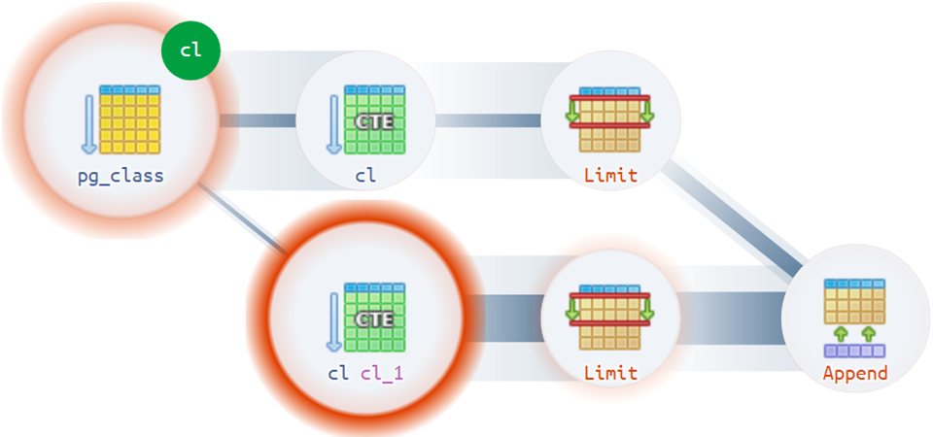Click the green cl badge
[x=191, y=50]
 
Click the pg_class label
[x=121, y=177]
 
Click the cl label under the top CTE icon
[x=365, y=177]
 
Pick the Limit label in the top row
[x=610, y=177]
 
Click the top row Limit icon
[x=610, y=120]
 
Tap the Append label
[x=854, y=373]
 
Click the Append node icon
[x=854, y=316]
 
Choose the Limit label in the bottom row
[x=610, y=373]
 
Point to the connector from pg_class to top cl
[x=257, y=120]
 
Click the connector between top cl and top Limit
[x=486, y=120]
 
